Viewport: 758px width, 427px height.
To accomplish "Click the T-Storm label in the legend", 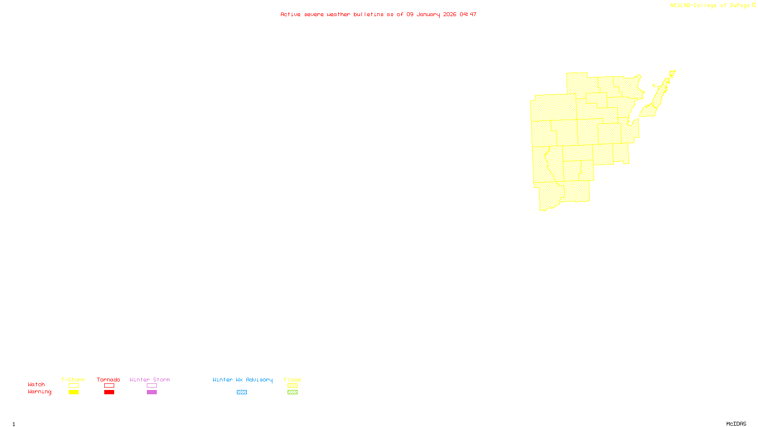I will (73, 380).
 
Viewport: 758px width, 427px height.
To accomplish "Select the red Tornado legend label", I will (108, 380).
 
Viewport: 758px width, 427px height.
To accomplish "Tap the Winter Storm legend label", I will (150, 380).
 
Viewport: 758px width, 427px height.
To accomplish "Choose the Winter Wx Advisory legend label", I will (243, 380).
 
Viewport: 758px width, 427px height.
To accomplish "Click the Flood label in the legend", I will (292, 380).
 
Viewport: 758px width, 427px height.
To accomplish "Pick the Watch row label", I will (36, 384).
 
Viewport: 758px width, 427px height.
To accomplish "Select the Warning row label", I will (40, 392).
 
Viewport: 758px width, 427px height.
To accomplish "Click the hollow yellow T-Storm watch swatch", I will (73, 386).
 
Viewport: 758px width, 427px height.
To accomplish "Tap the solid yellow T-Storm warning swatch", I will (73, 392).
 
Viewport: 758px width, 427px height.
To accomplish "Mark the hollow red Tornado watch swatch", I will (109, 386).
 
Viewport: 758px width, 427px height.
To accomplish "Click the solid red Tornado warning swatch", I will (109, 392).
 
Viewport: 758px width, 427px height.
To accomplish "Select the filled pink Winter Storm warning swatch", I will (152, 392).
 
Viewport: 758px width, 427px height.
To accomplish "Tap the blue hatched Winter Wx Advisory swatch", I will (242, 392).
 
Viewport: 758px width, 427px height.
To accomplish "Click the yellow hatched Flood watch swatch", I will (293, 386).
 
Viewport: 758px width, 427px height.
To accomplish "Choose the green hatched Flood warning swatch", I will (293, 392).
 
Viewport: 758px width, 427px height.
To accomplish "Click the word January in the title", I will (428, 14).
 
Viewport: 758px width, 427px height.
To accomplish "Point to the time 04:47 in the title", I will (468, 14).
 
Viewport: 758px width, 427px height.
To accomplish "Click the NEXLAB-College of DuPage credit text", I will (710, 5).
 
